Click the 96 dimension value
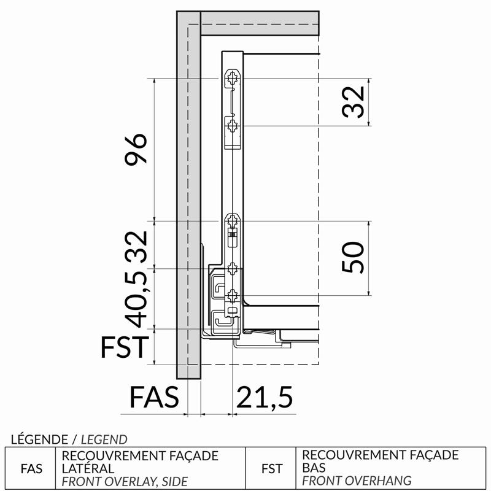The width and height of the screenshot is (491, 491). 136,149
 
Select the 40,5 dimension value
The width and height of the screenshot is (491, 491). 136,299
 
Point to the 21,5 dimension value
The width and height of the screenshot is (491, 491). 265,397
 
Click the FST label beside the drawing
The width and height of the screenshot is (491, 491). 125,347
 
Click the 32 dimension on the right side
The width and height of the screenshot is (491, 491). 354,102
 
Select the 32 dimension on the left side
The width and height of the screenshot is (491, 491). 136,247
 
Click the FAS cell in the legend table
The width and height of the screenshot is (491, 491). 31,469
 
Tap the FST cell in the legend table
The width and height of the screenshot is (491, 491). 272,469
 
